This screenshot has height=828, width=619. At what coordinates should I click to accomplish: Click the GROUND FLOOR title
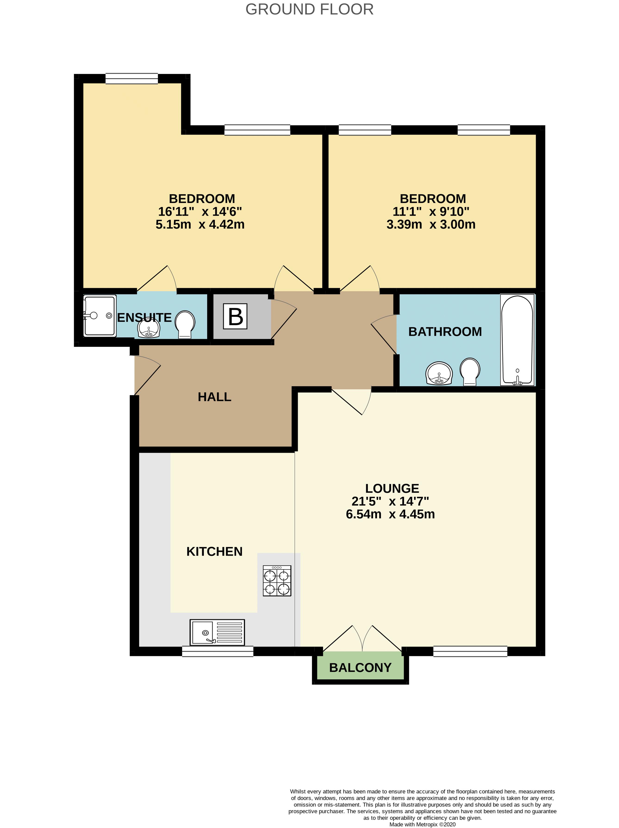(x=309, y=9)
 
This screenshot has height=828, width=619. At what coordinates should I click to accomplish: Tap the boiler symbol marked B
(x=235, y=316)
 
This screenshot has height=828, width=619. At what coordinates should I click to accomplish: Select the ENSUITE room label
(x=144, y=318)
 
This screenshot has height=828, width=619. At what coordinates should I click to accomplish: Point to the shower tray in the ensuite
(x=99, y=316)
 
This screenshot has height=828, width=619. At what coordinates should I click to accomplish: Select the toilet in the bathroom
(x=470, y=371)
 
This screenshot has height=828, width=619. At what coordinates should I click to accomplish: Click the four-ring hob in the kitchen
(x=277, y=580)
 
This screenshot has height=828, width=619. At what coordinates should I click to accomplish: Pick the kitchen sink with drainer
(x=217, y=633)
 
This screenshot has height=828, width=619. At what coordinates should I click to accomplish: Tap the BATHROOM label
(x=445, y=332)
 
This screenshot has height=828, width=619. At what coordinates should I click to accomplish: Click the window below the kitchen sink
(x=218, y=652)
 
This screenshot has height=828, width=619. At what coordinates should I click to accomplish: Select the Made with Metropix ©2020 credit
(x=422, y=824)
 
